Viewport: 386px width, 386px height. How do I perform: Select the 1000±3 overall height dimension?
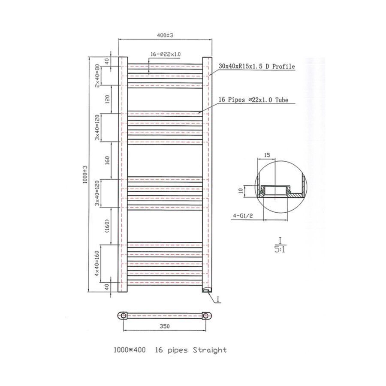click(85, 174)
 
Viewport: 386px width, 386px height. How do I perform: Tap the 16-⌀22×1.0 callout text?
click(166, 54)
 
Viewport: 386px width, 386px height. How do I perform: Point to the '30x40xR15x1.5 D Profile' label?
click(256, 66)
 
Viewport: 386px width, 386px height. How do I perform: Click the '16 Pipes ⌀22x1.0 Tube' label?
click(253, 100)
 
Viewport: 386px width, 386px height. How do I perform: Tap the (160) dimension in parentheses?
click(107, 226)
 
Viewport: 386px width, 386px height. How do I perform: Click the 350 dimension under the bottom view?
click(165, 326)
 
